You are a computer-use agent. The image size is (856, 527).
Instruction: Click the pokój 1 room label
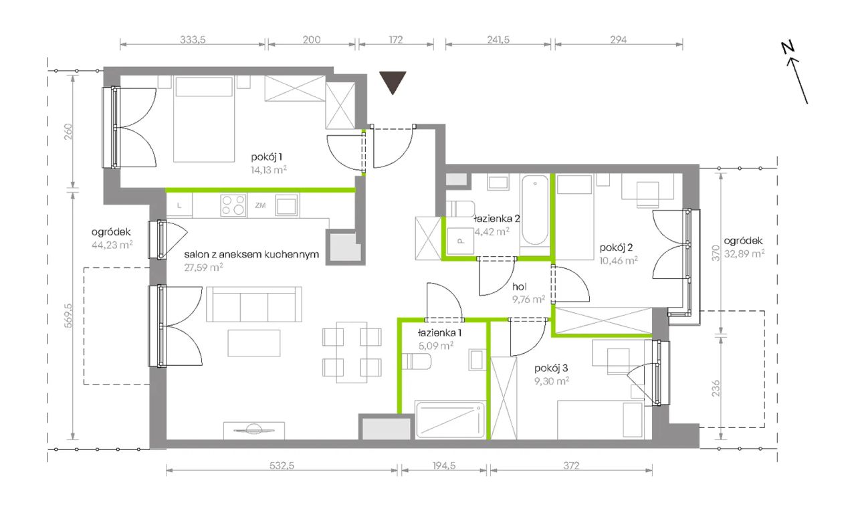tap(267, 157)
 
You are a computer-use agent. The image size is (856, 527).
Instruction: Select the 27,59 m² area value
tap(203, 267)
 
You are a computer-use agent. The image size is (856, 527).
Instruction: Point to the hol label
tap(520, 286)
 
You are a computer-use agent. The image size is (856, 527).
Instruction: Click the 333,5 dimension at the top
tap(193, 39)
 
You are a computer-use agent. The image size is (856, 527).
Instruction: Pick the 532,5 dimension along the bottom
tap(282, 465)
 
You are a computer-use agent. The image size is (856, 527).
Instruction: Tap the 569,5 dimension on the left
tap(68, 316)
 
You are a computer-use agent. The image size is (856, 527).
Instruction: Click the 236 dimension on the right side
tap(716, 388)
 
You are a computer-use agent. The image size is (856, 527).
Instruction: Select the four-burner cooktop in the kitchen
tap(233, 205)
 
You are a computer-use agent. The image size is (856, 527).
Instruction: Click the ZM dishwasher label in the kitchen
tap(260, 205)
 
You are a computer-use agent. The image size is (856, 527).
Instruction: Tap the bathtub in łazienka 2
tap(535, 210)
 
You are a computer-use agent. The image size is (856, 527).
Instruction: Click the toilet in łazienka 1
tap(417, 362)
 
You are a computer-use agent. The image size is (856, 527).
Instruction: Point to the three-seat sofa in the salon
tap(254, 304)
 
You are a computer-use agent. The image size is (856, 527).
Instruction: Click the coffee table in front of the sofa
tap(254, 343)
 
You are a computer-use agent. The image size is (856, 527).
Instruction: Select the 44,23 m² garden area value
tap(112, 245)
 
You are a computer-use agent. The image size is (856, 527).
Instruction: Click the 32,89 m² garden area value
tap(744, 253)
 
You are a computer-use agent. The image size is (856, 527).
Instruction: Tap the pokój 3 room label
tap(551, 368)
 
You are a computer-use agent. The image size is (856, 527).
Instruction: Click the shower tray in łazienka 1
tap(450, 419)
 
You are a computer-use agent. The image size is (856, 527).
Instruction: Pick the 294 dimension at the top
tap(619, 39)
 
